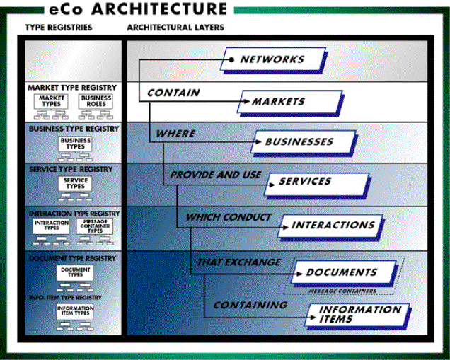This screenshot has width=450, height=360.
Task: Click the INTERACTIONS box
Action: pos(333,225)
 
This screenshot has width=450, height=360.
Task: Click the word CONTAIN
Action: pos(173,92)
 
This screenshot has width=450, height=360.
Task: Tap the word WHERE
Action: pos(175,133)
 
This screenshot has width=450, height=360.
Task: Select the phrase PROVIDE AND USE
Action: pos(215,174)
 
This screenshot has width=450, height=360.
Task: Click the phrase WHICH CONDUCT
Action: pos(228,217)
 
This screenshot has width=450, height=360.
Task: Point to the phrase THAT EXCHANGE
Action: pos(238,262)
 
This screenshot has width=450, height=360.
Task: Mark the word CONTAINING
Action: pos(250,305)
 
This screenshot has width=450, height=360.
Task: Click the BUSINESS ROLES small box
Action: pos(96,100)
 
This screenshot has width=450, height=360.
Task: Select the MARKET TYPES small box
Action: pos(52,100)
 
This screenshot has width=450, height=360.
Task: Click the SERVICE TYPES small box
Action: pos(74,183)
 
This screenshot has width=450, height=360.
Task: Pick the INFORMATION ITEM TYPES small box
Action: pos(74,312)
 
